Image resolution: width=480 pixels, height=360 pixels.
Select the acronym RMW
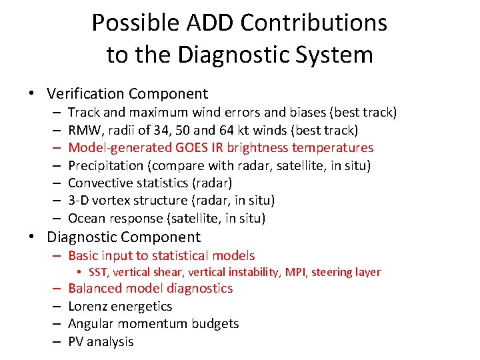point(83,130)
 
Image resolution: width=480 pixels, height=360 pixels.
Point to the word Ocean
point(86,218)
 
